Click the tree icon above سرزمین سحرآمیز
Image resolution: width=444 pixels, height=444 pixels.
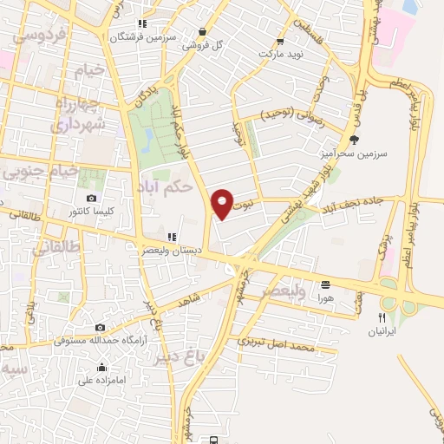tap(353, 139)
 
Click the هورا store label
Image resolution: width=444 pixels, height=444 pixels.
tap(325, 297)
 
